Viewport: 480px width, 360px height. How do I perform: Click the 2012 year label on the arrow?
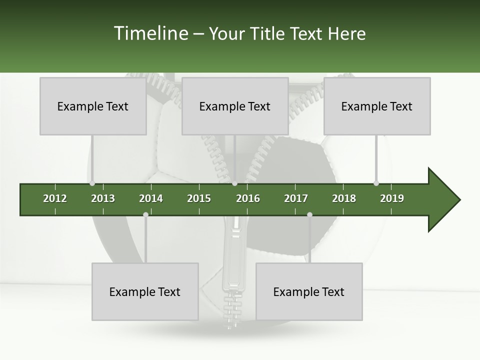[x=55, y=198]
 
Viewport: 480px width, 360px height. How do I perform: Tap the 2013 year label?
[x=103, y=198]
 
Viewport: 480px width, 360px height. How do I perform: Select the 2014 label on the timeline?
[x=151, y=198]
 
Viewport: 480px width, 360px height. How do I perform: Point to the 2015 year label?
[x=199, y=198]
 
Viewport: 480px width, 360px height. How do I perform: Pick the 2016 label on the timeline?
[x=248, y=198]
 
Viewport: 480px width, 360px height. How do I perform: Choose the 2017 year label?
[x=296, y=198]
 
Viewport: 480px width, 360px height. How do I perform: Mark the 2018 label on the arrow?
[x=344, y=198]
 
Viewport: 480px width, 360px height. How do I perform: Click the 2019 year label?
[x=392, y=198]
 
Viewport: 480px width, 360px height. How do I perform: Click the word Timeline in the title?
[x=150, y=33]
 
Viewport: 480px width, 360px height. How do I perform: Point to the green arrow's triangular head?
[x=443, y=199]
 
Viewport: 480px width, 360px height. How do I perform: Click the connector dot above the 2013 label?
[x=92, y=183]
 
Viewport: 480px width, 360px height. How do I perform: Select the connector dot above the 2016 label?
[x=234, y=183]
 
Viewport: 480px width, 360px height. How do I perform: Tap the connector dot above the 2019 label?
[x=376, y=183]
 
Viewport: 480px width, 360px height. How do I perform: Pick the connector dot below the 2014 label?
[x=145, y=214]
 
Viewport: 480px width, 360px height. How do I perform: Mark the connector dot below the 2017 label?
[x=309, y=214]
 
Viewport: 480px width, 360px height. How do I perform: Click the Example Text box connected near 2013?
[x=93, y=106]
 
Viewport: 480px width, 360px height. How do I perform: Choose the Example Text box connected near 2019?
[x=377, y=106]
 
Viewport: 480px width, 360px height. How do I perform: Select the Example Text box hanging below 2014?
[x=145, y=291]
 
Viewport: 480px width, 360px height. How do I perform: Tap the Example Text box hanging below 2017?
[x=309, y=291]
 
